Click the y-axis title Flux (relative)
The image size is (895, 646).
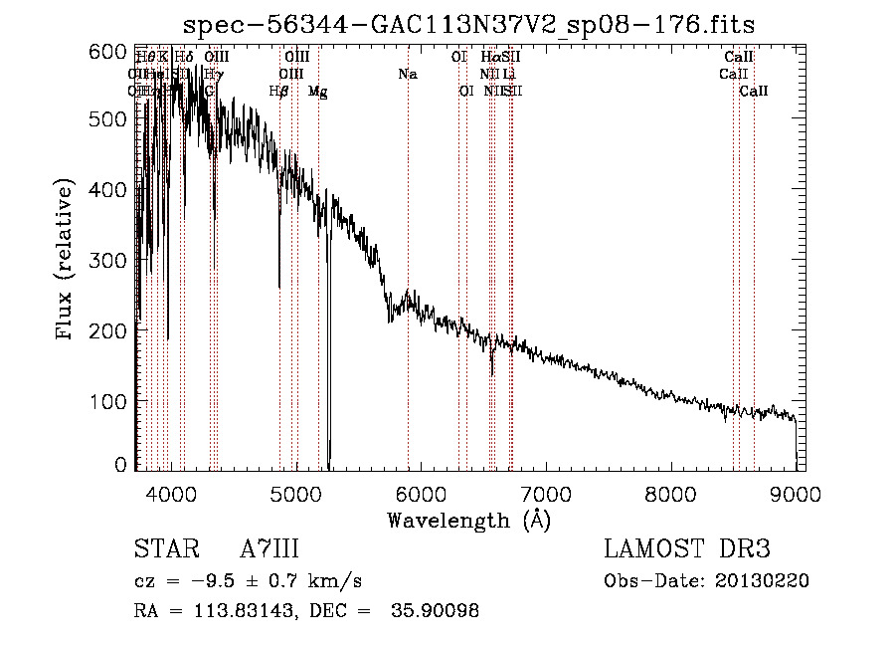[67, 261]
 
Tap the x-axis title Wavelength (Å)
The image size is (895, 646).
[469, 520]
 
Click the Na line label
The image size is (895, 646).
[407, 75]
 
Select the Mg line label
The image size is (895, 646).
[318, 92]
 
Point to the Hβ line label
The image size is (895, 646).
[279, 92]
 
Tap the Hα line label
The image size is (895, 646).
[490, 58]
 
